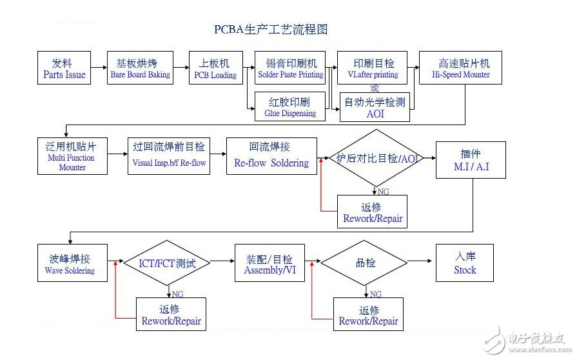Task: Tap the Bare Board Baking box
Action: coord(141,68)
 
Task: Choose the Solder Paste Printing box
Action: coord(291,68)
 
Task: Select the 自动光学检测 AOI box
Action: coord(375,107)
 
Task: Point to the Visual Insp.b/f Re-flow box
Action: coord(169,156)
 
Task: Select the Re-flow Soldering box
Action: coord(271,156)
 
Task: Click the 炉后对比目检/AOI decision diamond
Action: coord(377,157)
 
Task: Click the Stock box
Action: coord(465,263)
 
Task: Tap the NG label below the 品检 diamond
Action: coord(375,294)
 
